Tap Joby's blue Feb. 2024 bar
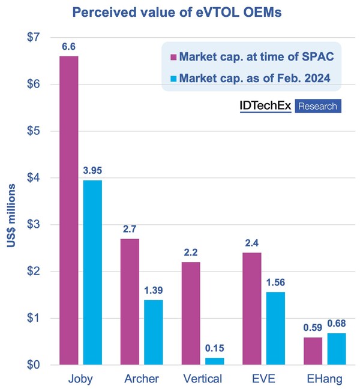[x=92, y=272]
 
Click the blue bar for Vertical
[x=215, y=361]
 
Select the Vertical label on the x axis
[x=203, y=379]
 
